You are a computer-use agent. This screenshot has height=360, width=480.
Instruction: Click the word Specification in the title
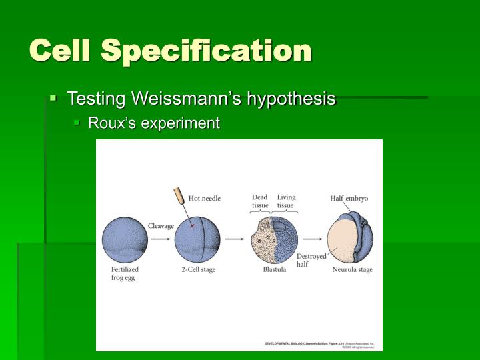pyautogui.click(x=217, y=51)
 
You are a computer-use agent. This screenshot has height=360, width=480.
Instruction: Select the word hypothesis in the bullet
pyautogui.click(x=291, y=99)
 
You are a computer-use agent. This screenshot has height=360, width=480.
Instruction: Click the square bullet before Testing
pyautogui.click(x=53, y=99)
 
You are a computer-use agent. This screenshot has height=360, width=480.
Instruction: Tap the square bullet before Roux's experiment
pyautogui.click(x=77, y=123)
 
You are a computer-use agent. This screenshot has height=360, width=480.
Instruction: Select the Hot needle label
pyautogui.click(x=204, y=198)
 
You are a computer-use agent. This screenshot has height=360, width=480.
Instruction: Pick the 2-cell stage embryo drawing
pyautogui.click(x=197, y=239)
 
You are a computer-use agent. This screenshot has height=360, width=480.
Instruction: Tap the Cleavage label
pyautogui.click(x=161, y=226)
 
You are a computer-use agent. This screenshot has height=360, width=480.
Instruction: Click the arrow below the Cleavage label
pyautogui.click(x=161, y=238)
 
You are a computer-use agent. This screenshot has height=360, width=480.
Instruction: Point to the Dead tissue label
pyautogui.click(x=260, y=201)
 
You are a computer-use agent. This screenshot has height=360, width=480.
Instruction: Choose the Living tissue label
pyautogui.click(x=286, y=201)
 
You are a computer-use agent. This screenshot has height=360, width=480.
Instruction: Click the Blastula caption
pyautogui.click(x=275, y=270)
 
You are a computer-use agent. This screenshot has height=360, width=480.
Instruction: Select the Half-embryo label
pyautogui.click(x=349, y=198)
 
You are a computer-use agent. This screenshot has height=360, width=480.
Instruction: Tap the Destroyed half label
pyautogui.click(x=311, y=260)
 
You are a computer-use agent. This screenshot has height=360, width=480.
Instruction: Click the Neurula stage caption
pyautogui.click(x=352, y=270)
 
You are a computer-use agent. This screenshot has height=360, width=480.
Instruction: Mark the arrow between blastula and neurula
pyautogui.click(x=312, y=238)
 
